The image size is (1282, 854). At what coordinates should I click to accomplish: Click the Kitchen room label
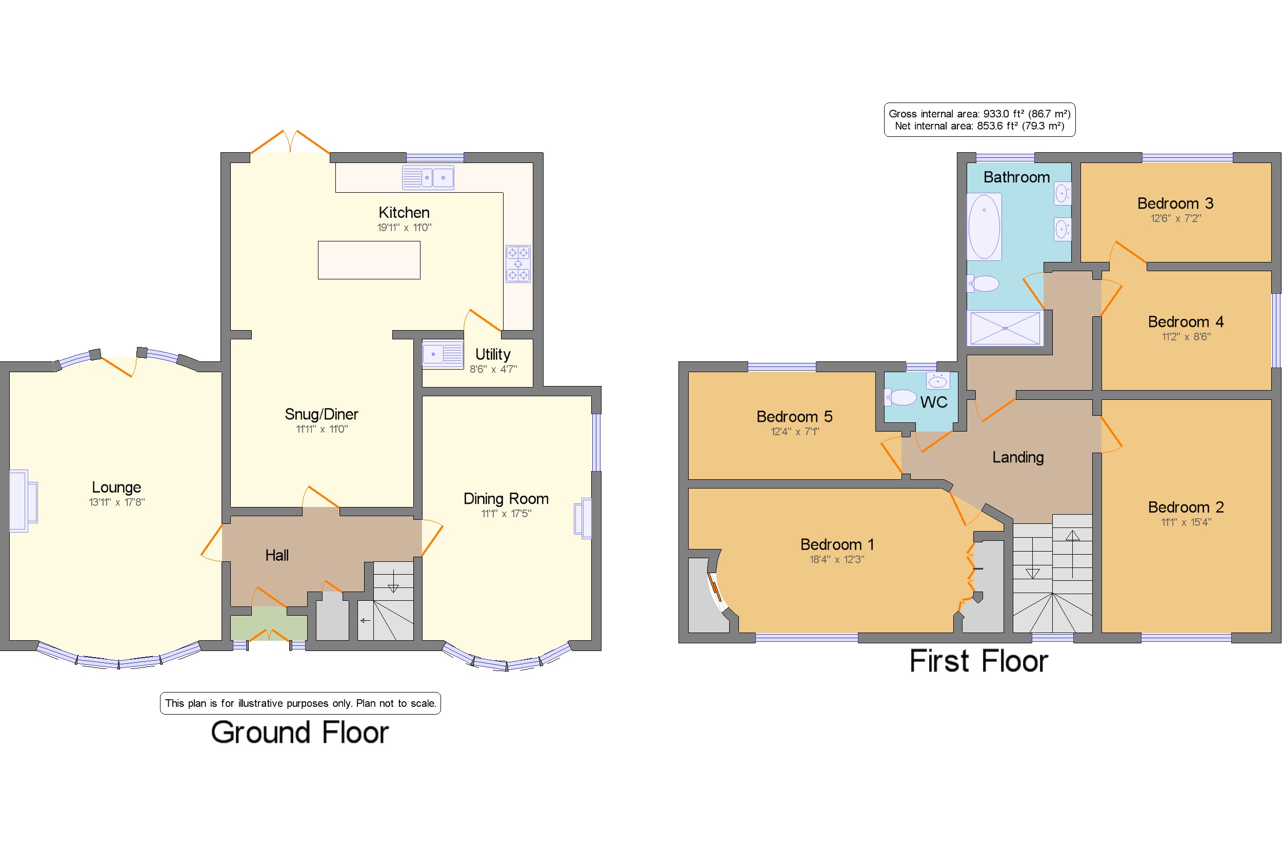tap(404, 212)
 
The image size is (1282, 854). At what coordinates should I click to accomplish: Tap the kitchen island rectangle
tap(369, 260)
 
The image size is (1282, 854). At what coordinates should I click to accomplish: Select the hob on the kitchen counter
tap(517, 263)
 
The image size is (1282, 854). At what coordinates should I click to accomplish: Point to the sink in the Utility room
tap(443, 354)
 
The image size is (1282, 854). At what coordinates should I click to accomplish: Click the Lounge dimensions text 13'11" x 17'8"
tap(116, 502)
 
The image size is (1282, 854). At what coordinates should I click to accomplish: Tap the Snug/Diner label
tap(321, 415)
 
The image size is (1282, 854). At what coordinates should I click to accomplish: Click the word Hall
tap(277, 555)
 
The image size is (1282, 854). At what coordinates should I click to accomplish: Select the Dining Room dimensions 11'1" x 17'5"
tap(506, 514)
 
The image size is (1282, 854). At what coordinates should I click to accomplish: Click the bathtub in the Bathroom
tap(984, 227)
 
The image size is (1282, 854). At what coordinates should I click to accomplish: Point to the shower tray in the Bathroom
tap(1005, 328)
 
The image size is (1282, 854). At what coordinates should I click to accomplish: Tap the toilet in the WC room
tap(900, 397)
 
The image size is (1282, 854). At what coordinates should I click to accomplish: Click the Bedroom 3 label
tap(1175, 204)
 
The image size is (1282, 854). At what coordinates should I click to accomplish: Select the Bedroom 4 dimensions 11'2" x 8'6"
tap(1186, 337)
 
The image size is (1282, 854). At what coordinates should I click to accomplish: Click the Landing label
tap(1018, 457)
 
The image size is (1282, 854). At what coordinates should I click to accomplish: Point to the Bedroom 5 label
tap(794, 417)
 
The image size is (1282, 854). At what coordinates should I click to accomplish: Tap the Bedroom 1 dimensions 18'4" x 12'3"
tap(837, 559)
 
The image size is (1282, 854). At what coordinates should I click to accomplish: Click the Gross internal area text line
tap(979, 114)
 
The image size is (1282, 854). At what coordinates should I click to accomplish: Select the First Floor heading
tap(978, 661)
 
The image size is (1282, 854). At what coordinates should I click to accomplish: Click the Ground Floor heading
tap(299, 732)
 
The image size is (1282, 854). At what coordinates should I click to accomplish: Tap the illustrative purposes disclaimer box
tap(300, 703)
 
